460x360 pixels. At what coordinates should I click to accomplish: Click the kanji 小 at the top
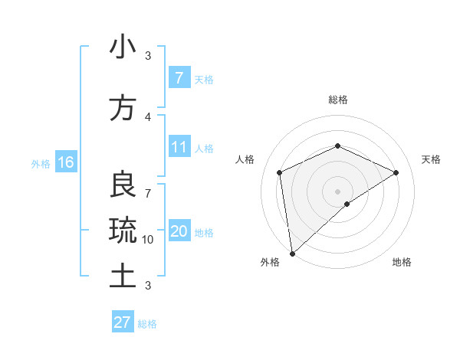123,47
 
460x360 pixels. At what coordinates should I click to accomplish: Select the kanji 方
123,108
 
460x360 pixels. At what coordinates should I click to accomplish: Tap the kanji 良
123,185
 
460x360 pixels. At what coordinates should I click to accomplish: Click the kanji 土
123,276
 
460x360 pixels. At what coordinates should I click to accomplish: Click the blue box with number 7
179,78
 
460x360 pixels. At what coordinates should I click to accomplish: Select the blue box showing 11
179,147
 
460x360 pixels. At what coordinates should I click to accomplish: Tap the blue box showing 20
179,231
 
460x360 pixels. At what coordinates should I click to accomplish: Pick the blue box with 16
65,162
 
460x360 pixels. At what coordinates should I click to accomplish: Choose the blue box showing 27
123,322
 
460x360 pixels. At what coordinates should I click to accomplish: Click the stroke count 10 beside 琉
148,240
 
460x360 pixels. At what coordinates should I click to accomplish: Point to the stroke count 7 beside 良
147,185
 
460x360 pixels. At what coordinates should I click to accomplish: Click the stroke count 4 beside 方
147,116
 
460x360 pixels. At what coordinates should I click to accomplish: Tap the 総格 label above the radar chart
337,100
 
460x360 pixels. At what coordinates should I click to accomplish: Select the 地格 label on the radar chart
402,262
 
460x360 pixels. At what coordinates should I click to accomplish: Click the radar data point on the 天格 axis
396,172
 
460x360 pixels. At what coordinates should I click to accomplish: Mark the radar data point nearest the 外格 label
292,253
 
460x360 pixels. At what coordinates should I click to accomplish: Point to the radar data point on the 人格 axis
280,172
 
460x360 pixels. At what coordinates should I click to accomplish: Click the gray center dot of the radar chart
337,191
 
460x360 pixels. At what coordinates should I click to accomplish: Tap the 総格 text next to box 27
147,324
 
